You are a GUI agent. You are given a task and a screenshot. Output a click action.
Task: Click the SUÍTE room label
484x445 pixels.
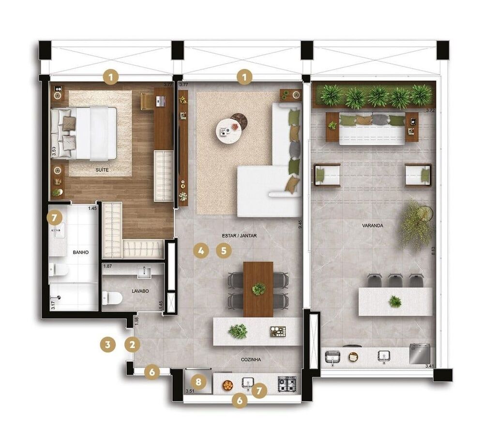(101, 170)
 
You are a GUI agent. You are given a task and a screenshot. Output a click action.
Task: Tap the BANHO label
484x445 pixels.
(80, 252)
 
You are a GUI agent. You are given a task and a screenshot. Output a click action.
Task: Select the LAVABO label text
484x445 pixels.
(140, 291)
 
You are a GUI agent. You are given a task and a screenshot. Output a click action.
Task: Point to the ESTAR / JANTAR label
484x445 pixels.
(239, 236)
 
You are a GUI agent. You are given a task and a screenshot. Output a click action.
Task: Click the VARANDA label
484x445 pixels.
(372, 226)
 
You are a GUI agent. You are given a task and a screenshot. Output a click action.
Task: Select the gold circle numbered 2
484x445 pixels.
(132, 345)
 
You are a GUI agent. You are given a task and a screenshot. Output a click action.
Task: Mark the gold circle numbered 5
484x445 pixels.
(223, 251)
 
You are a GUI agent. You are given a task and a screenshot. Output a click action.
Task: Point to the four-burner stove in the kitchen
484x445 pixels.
(287, 384)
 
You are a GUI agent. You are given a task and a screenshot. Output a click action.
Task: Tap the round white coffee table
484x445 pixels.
(227, 130)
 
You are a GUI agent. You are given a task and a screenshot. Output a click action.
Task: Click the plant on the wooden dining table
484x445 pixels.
(258, 289)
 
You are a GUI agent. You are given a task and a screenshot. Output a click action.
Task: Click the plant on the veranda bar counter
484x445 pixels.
(395, 302)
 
